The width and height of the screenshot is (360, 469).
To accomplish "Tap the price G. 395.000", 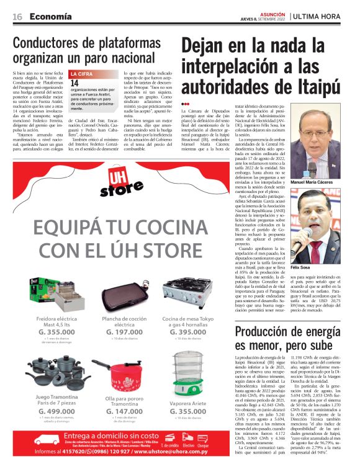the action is (x=187, y=333).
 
